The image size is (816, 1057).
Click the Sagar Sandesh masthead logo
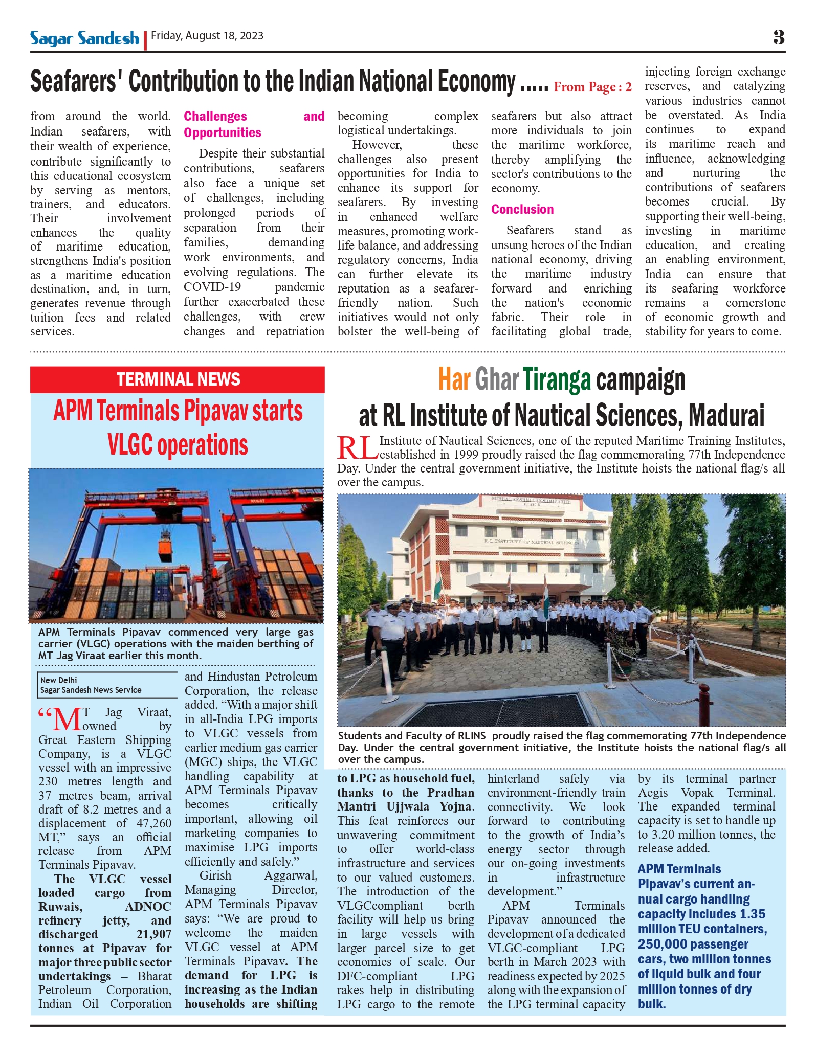pos(84,38)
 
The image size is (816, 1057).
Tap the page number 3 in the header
pos(778,37)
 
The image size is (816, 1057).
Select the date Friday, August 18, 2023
pos(207,36)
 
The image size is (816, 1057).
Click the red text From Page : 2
pos(592,87)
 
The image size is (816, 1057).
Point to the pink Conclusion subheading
pos(522,209)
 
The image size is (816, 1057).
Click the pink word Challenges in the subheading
pos(215,117)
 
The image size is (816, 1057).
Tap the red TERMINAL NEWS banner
pos(178,379)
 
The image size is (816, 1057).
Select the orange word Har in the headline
pos(454,379)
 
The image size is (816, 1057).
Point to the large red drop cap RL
pos(357,448)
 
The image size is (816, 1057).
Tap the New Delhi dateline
pos(59,680)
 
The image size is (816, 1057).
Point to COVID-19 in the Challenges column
pos(212,287)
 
